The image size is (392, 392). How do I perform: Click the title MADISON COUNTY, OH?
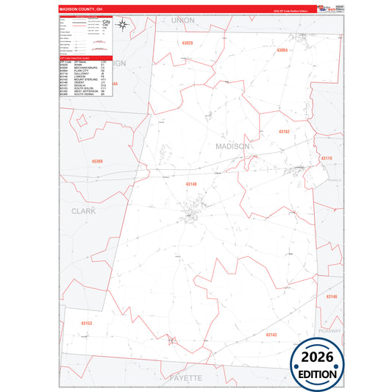[82, 9]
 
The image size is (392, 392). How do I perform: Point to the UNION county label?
[182, 20]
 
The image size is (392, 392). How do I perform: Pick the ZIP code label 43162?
[285, 131]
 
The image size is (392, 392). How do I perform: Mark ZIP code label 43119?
[327, 158]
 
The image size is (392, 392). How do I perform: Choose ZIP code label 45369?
[97, 161]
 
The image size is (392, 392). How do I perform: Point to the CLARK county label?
[83, 210]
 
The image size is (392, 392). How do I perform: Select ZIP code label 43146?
[332, 296]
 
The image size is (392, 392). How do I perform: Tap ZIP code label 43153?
[87, 323]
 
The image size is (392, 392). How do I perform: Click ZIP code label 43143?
[271, 334]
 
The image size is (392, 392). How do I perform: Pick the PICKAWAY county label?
[330, 331]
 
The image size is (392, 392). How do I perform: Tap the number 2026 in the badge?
[317, 357]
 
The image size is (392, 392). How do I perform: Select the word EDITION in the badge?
[317, 374]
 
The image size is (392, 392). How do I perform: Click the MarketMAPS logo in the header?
[324, 8]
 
